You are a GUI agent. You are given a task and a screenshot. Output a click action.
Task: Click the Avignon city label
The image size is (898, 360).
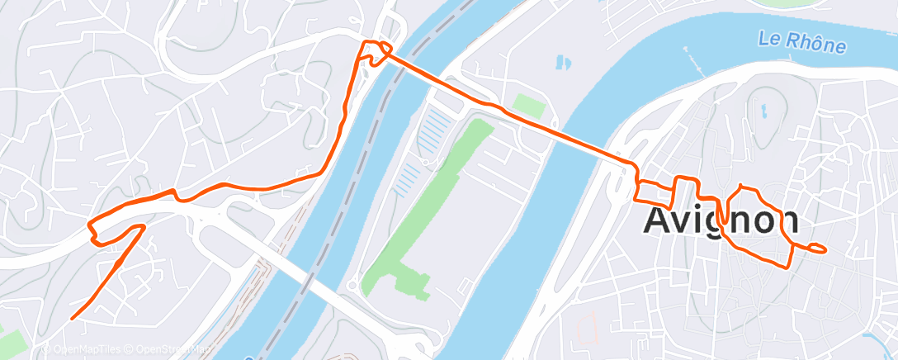[721, 220]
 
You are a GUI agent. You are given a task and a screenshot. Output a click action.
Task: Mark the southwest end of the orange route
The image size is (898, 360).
[73, 317]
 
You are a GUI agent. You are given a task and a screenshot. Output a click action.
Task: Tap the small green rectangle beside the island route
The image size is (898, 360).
[529, 105]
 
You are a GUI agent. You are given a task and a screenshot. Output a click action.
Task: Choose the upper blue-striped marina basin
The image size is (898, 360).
[437, 132]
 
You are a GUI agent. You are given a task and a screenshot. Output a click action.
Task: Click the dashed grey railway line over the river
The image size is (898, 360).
[363, 149]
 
